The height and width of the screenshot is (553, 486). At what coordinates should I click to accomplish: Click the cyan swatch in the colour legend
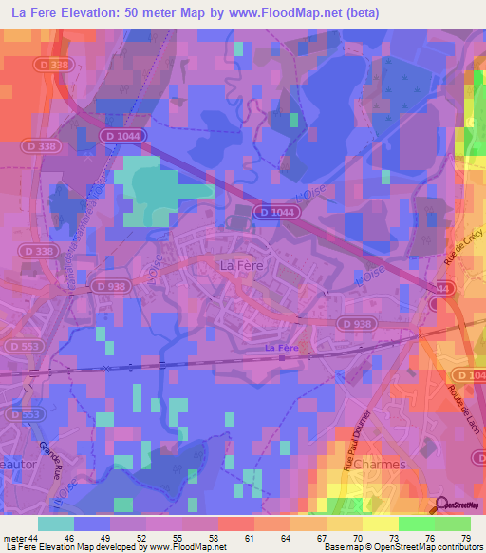(x=56, y=524)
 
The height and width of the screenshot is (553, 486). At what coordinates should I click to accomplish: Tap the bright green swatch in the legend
(x=416, y=524)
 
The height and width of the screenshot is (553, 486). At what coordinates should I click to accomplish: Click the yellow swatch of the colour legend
(x=345, y=524)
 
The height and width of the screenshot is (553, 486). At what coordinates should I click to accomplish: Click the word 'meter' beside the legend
(x=17, y=538)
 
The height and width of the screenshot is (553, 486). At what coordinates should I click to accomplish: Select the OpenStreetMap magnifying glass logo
(x=441, y=505)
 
